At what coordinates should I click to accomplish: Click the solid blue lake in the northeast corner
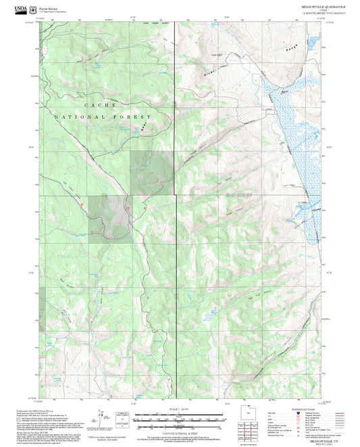pyautogui.click(x=313, y=41)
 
